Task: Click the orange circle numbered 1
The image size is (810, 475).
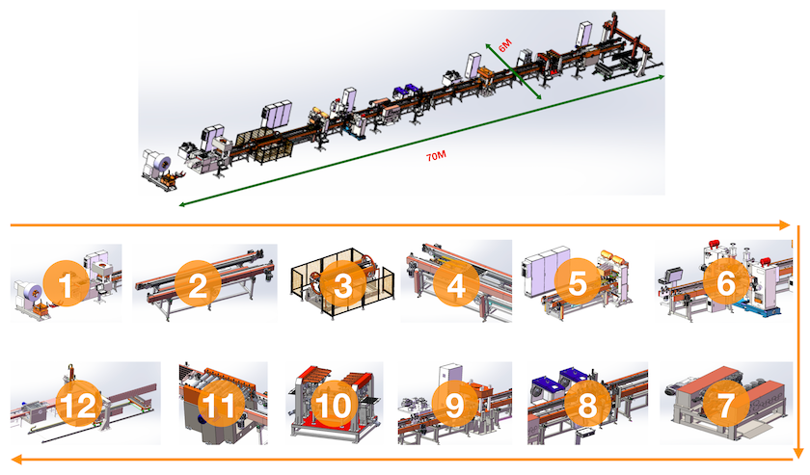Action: click(x=66, y=283)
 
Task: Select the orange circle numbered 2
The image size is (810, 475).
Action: click(x=198, y=283)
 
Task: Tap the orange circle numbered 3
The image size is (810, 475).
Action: click(x=342, y=283)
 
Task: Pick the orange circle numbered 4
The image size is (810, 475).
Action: click(x=455, y=283)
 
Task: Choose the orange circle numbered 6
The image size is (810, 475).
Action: click(x=726, y=281)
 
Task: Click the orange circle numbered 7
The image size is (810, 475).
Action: click(x=726, y=404)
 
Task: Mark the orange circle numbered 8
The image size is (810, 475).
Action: click(x=587, y=404)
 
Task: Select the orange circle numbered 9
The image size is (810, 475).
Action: click(x=454, y=404)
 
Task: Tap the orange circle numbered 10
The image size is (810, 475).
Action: click(x=334, y=404)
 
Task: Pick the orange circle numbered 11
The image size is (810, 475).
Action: click(x=220, y=404)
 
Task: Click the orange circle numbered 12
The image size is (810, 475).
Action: click(x=78, y=404)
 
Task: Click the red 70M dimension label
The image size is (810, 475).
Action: click(x=436, y=156)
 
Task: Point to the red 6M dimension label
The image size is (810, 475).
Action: click(x=504, y=45)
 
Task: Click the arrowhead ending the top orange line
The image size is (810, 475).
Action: click(x=785, y=225)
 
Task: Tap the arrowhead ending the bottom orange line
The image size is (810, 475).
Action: click(x=16, y=459)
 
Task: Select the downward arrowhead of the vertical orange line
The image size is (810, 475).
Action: click(x=798, y=453)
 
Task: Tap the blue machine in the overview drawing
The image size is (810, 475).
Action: click(x=405, y=92)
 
